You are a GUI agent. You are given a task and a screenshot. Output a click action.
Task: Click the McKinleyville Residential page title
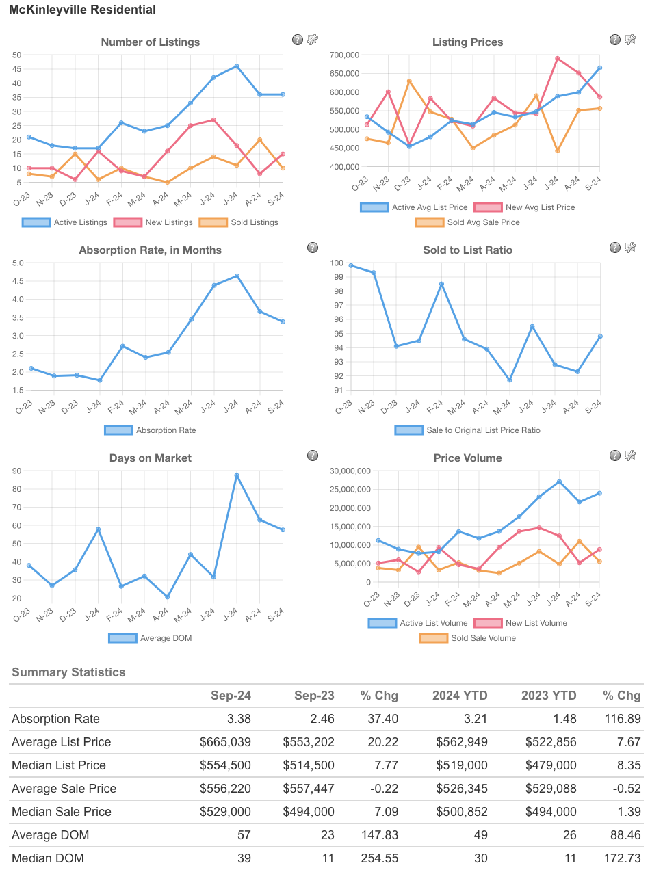82,10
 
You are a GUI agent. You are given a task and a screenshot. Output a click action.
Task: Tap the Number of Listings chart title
151,42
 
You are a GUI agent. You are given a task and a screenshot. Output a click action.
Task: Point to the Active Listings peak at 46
236,66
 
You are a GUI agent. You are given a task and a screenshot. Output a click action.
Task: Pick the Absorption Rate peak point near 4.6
236,276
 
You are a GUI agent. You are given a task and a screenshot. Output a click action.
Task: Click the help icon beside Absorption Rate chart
312,248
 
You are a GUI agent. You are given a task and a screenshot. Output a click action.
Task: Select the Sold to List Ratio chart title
467,250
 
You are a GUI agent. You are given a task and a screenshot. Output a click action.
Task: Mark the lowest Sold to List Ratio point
509,380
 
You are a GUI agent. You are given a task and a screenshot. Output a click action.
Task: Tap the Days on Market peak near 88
236,475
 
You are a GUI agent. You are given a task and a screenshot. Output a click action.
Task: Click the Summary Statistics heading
68,672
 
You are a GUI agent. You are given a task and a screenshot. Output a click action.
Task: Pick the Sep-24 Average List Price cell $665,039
225,742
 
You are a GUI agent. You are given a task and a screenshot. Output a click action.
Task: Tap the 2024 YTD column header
460,696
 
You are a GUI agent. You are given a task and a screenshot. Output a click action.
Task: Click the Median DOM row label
48,858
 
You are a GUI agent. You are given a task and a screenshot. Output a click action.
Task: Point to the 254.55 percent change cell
380,858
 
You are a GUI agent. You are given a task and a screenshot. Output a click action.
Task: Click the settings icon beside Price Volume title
630,456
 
